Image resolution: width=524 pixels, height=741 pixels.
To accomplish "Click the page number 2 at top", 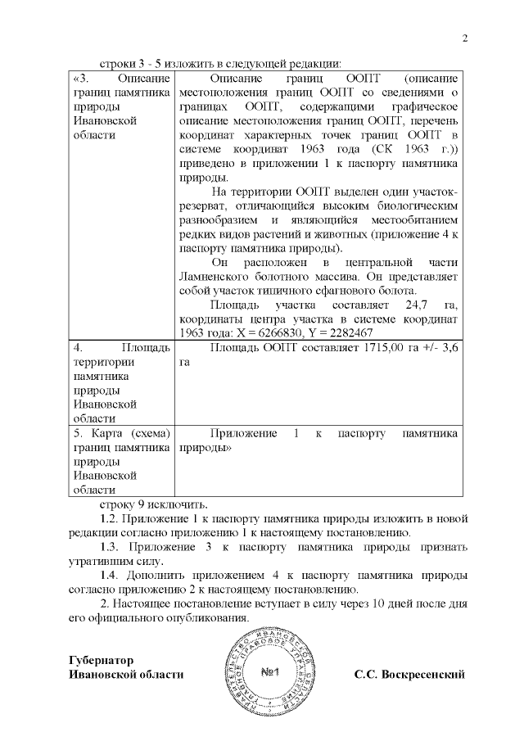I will (464, 38).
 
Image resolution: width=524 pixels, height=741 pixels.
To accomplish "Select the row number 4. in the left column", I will (79, 348).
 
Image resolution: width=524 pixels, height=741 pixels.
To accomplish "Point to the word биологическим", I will (418, 207).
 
